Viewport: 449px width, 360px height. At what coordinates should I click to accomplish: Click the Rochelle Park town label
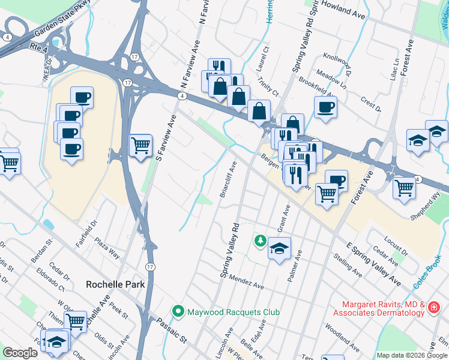coord(116,284)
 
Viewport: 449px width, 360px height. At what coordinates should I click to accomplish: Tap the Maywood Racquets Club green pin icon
coord(178,311)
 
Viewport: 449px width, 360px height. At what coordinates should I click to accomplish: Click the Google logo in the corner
coord(20,353)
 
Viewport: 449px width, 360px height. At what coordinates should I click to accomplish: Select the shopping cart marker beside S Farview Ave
coord(140,145)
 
